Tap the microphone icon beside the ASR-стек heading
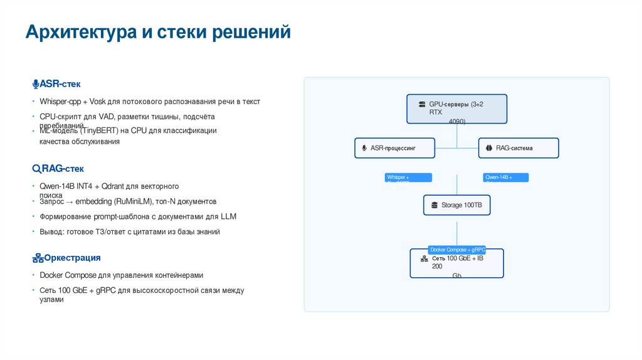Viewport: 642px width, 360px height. (x=36, y=84)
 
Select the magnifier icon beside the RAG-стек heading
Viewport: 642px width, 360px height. (x=36, y=169)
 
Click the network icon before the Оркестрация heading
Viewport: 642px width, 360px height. (x=37, y=258)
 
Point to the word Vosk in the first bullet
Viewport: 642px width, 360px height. (x=98, y=102)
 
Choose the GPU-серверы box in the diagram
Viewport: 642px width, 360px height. (x=457, y=109)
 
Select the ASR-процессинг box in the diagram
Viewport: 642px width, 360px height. (x=395, y=148)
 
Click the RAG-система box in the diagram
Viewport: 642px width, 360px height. (x=518, y=148)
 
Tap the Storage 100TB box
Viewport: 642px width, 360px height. (x=456, y=205)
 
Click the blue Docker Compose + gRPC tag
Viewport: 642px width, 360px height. (x=456, y=250)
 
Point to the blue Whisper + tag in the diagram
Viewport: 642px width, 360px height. (x=408, y=177)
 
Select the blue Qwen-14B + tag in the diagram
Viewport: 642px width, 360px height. (x=505, y=177)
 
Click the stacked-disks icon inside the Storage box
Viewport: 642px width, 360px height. (x=434, y=205)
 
